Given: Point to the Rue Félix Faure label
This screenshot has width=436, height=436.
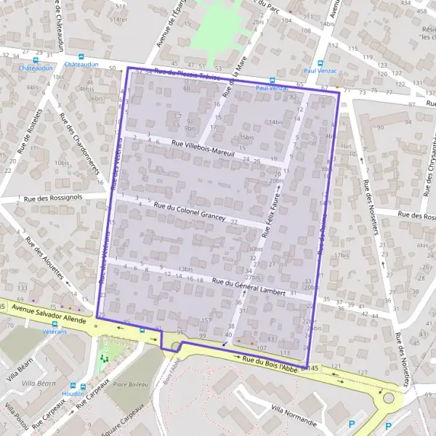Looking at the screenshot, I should tap(272, 211).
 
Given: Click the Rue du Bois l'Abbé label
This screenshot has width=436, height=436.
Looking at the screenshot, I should tap(271, 363).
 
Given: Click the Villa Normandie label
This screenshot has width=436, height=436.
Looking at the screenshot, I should tap(294, 416).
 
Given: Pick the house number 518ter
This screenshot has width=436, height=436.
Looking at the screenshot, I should tap(118, 20).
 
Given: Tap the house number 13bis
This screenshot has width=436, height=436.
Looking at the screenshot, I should tap(185, 270).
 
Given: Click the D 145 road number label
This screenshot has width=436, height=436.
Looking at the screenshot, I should tap(313, 370).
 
